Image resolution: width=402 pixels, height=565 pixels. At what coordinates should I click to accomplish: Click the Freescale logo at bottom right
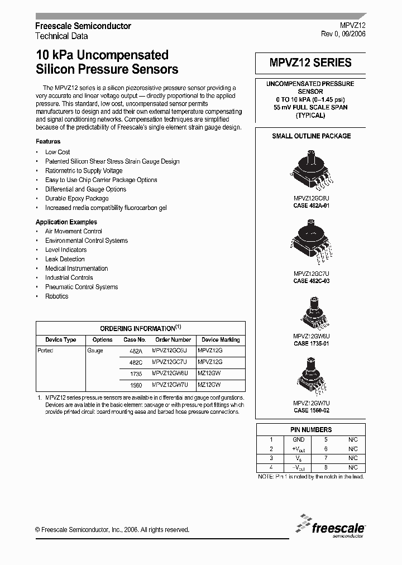(331, 526)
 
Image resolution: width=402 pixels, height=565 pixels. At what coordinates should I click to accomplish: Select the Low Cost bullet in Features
(58, 152)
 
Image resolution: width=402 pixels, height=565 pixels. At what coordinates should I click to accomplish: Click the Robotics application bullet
(56, 296)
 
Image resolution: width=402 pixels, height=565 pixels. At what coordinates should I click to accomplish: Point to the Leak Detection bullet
(65, 259)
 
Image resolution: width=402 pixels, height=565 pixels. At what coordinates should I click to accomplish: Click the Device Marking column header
(221, 339)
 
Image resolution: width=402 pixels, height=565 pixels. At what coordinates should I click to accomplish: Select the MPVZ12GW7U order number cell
(173, 385)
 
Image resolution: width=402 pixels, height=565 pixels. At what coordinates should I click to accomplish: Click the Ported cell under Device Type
(45, 351)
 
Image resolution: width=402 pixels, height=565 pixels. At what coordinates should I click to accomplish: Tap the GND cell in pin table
(299, 439)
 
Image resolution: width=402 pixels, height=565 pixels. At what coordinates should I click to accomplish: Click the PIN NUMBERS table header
(310, 429)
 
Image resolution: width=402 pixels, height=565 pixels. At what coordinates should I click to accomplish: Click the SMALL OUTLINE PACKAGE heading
(311, 136)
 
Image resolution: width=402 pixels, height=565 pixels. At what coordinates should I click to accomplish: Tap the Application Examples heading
(66, 222)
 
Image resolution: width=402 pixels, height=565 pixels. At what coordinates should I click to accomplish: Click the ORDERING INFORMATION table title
(140, 328)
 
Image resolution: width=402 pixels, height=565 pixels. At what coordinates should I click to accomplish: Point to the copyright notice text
(112, 530)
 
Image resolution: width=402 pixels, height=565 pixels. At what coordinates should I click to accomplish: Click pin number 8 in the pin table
(326, 467)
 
